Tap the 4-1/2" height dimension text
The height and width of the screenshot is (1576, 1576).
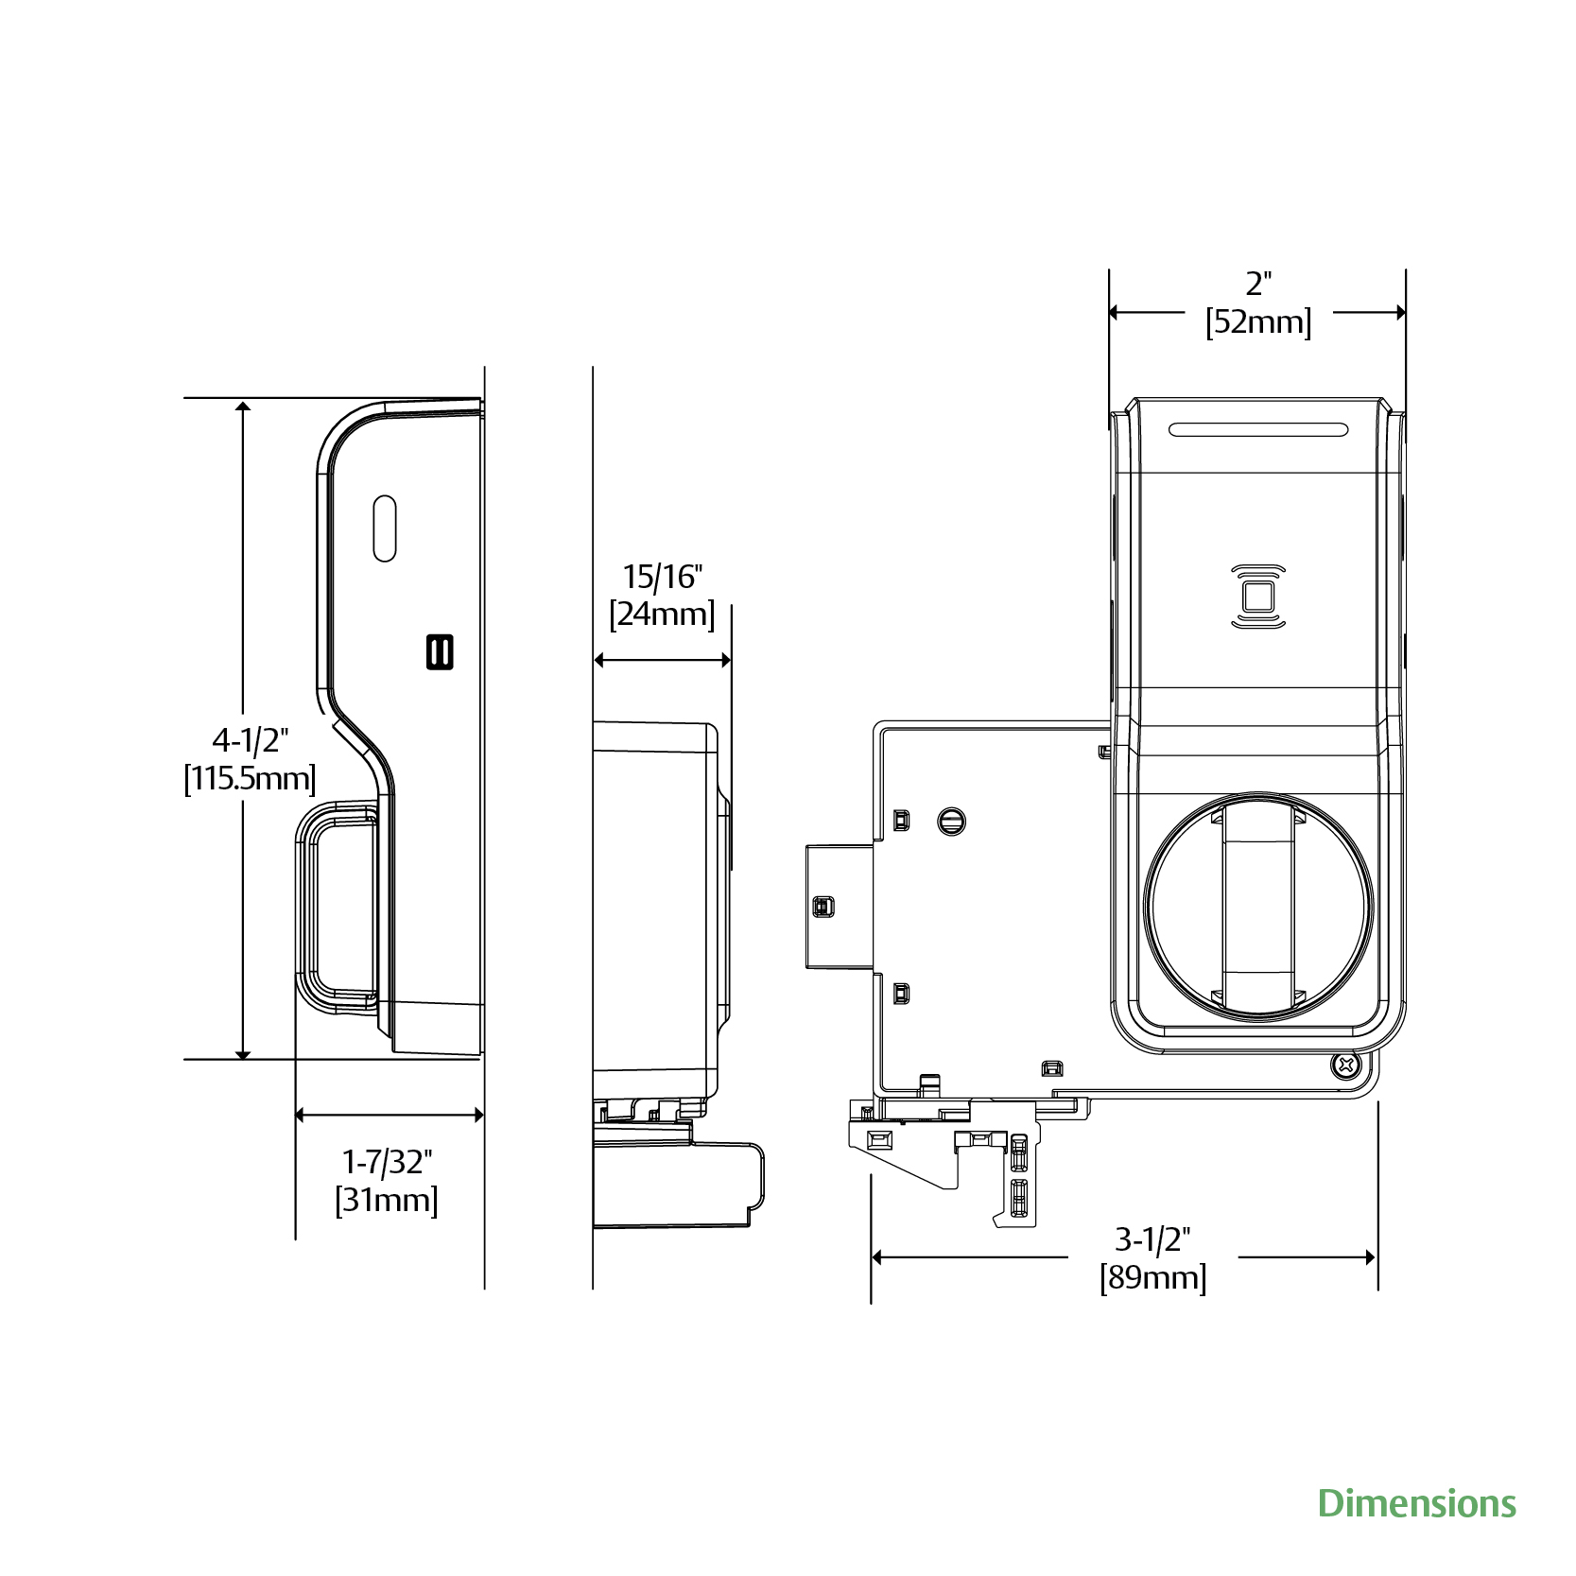tap(251, 739)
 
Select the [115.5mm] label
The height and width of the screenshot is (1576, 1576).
tap(250, 779)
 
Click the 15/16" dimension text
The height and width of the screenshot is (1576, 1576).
tap(662, 576)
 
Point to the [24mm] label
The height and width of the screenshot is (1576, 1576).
tap(662, 615)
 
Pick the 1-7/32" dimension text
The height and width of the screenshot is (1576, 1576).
tap(387, 1162)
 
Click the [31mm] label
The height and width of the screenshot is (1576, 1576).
tap(387, 1201)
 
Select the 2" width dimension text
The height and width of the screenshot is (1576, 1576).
tap(1258, 283)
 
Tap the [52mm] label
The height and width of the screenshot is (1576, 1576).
tap(1258, 322)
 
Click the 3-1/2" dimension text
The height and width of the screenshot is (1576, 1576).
tap(1152, 1238)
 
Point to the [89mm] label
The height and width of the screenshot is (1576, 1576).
tap(1152, 1278)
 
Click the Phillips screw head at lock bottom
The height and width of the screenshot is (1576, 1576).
tap(1345, 1066)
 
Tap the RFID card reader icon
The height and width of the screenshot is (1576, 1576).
tap(1258, 597)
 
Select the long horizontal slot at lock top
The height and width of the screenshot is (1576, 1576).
tap(1258, 429)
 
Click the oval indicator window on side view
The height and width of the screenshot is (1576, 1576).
tap(385, 528)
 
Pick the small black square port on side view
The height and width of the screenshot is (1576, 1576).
tap(440, 651)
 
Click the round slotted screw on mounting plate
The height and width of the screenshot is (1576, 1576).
tap(951, 821)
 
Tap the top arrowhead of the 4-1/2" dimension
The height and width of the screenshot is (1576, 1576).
tap(243, 407)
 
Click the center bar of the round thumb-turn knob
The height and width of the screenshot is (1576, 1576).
tap(1258, 906)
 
